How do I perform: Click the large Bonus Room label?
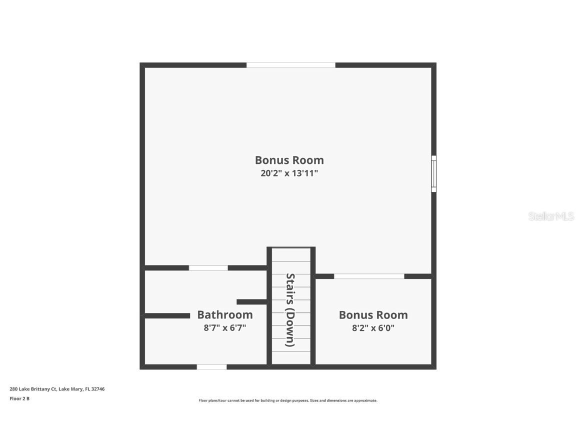click(289, 160)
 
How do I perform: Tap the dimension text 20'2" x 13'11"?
click(289, 173)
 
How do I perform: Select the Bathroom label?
click(225, 315)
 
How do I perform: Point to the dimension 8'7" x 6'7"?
click(225, 327)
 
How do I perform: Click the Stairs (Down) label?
click(290, 310)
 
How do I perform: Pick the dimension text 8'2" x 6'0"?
click(373, 327)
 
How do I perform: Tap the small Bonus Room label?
click(373, 315)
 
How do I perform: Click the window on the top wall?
click(290, 65)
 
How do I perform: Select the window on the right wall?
click(434, 174)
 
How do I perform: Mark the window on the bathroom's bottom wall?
click(211, 367)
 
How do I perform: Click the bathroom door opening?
click(208, 268)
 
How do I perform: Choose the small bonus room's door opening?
click(369, 276)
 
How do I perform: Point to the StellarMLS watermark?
click(551, 216)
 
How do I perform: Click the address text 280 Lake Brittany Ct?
click(33, 389)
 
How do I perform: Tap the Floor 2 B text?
click(19, 398)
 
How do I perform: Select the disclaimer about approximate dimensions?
click(288, 401)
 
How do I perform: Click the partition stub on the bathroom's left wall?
click(167, 316)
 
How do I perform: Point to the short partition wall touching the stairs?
click(251, 302)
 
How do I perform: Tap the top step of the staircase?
click(291, 255)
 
